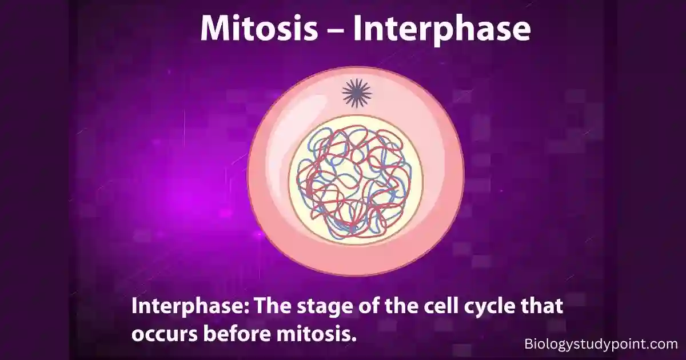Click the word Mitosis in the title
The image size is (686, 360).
pyautogui.click(x=259, y=28)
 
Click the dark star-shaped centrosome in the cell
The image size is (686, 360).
pyautogui.click(x=357, y=93)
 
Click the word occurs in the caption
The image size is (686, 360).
pyautogui.click(x=165, y=334)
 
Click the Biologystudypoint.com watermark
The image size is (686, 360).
pyautogui.click(x=601, y=344)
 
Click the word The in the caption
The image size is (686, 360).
pyautogui.click(x=273, y=306)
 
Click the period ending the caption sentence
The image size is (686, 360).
pyautogui.click(x=354, y=339)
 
